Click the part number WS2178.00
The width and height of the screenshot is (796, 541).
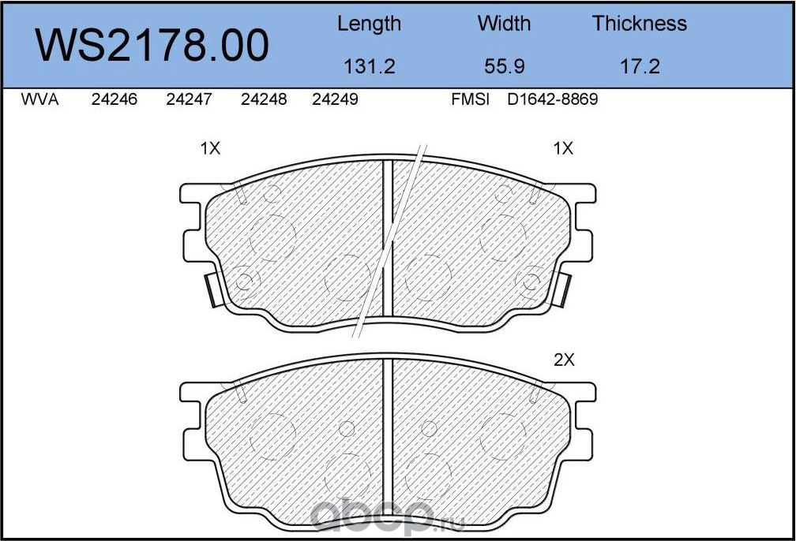(152, 46)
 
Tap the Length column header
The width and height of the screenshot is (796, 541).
(369, 24)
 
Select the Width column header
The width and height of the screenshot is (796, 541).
(504, 24)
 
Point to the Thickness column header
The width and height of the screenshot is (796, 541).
(639, 24)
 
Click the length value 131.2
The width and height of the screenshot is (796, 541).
(369, 66)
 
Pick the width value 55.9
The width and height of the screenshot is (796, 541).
(504, 66)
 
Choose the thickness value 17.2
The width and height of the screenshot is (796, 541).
(640, 66)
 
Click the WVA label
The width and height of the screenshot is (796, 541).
(39, 99)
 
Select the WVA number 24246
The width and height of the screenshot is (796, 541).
(115, 99)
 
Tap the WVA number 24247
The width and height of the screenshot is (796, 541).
(189, 99)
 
